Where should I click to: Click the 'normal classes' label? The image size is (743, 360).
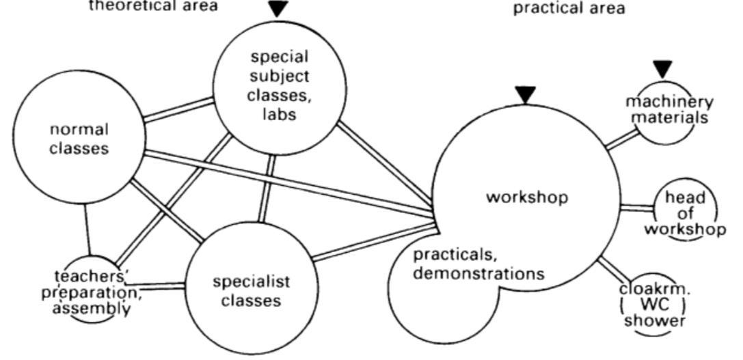79,139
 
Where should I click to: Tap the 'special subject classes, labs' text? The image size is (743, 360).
279,85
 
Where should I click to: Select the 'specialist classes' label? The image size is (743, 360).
251,290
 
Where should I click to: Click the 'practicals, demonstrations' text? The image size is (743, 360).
478,264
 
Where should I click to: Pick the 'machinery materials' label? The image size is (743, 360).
669,109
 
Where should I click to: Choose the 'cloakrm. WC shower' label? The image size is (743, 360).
654,304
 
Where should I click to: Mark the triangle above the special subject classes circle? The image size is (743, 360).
278,8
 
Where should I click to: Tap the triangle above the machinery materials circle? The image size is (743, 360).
662,68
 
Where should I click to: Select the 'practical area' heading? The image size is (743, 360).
569,9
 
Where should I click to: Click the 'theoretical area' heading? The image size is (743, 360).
154,6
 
